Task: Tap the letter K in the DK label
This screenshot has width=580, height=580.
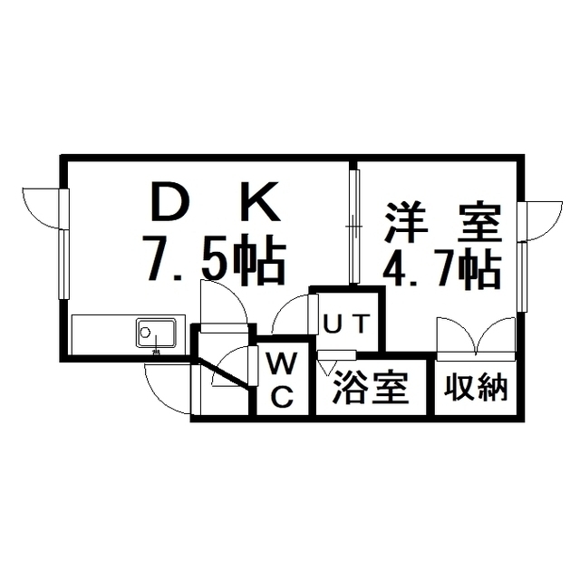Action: coord(263,200)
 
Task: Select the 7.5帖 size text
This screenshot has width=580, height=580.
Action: coord(215,259)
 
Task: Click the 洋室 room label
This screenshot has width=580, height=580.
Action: coord(443,222)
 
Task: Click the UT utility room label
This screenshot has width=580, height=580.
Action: coord(346,324)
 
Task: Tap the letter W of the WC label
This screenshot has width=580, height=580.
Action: coord(283,362)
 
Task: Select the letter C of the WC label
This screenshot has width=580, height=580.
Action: coord(283,396)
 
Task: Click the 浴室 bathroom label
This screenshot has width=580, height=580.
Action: coord(371,387)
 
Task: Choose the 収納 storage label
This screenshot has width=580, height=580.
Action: coord(476,388)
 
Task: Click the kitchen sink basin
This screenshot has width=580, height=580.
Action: coord(156,333)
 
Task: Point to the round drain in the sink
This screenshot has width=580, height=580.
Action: coord(145,332)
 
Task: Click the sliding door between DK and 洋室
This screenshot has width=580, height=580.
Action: coord(354,227)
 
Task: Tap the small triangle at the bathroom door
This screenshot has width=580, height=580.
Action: coord(327,368)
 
